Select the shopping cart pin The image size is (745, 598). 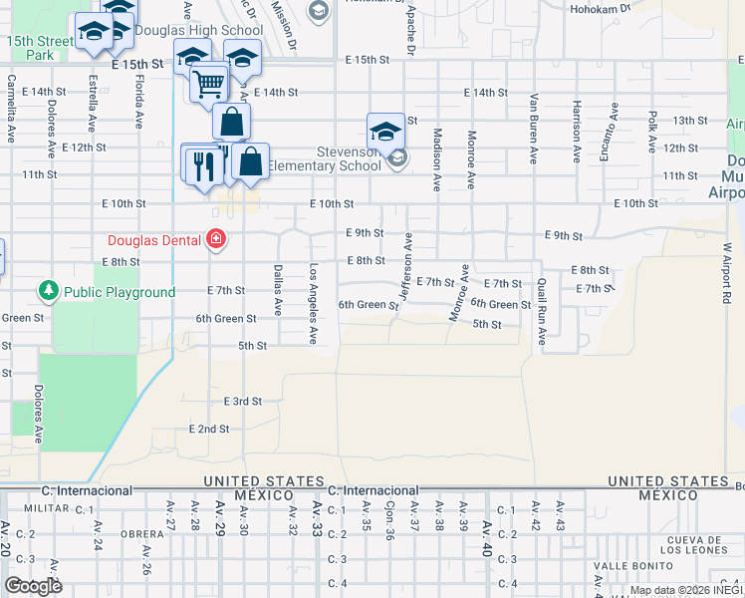pos(208,84)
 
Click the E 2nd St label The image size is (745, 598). pos(209,429)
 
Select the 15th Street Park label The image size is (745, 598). pos(40,48)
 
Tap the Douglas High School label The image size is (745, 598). pos(197,30)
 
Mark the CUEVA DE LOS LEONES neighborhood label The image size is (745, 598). pos(700,545)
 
